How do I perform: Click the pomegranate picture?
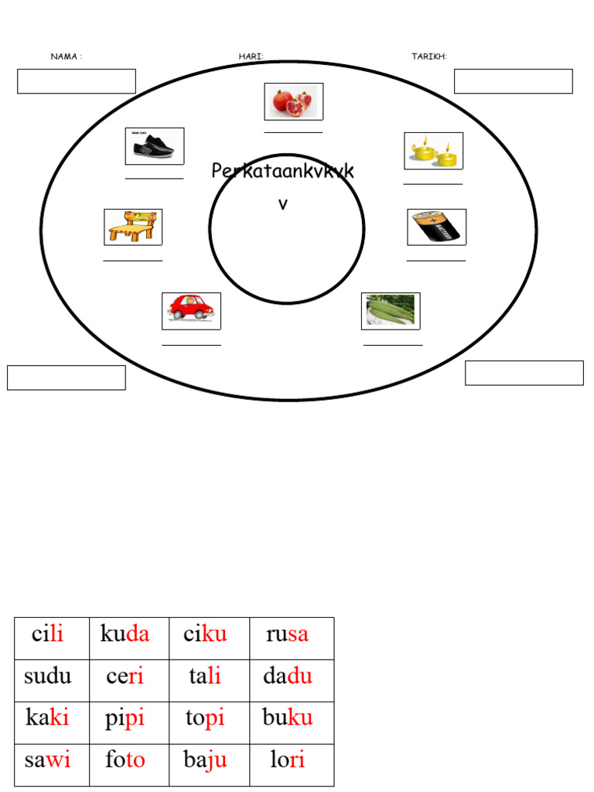point(293,101)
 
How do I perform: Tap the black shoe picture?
point(154,145)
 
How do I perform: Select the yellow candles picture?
point(433,150)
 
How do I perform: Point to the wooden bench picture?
point(133,227)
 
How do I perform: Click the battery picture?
point(436,227)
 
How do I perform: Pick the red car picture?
point(191,309)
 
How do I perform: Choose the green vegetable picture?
point(391,310)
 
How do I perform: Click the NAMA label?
point(66,56)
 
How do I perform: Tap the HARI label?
point(251,56)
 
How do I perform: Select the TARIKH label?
point(429,56)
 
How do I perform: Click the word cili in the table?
point(47,635)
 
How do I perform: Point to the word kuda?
point(125,635)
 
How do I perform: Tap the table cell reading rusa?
point(287,635)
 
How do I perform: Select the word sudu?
point(47,677)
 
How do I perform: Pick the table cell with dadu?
point(287,677)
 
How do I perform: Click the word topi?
point(205,719)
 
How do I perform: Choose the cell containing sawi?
point(47,760)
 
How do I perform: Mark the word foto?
point(125,760)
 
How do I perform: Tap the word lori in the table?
point(287,760)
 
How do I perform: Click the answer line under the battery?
point(436,261)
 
